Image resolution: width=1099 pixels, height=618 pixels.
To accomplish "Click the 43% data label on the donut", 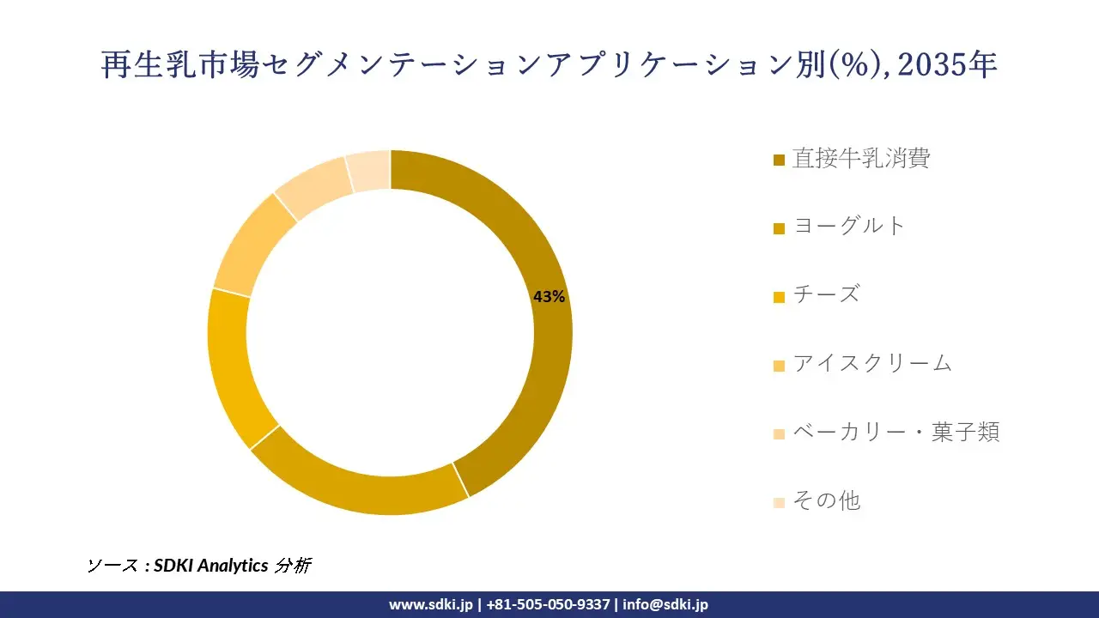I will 549,297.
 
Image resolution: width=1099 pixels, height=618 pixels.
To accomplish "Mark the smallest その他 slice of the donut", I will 368,171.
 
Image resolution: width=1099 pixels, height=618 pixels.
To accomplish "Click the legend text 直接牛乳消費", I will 861,158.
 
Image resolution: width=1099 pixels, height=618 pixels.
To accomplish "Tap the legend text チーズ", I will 825,294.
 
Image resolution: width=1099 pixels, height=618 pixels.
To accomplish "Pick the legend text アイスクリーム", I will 872,363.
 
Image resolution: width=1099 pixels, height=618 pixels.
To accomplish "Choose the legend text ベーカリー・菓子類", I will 896,432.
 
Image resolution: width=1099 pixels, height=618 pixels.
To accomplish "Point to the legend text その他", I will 826,500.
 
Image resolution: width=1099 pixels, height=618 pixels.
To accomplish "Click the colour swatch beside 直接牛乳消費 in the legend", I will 779,160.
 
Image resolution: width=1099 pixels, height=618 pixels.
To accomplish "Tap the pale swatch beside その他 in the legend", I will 779,502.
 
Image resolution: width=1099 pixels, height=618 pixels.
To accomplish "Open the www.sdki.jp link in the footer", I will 430,604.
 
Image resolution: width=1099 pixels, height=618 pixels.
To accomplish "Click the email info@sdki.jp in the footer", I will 665,604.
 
